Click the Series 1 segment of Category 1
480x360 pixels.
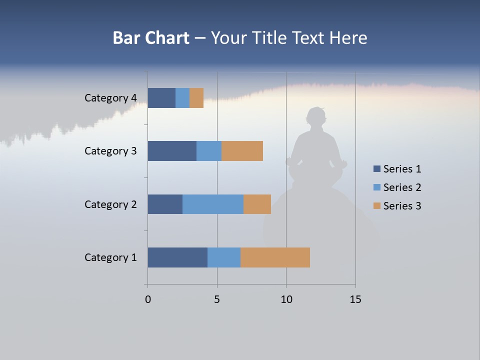click(x=177, y=257)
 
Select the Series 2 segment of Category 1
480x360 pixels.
click(x=224, y=257)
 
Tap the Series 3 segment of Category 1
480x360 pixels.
click(x=275, y=257)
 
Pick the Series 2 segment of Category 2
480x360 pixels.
click(x=213, y=204)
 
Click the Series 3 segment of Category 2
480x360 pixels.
click(x=257, y=204)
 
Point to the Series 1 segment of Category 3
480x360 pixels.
click(x=172, y=151)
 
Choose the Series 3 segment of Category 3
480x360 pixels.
click(x=242, y=151)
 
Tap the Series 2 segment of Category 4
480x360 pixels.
click(x=182, y=98)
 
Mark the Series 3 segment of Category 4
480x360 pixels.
click(x=196, y=98)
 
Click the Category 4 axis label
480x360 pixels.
click(x=110, y=98)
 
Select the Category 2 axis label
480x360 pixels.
click(x=110, y=204)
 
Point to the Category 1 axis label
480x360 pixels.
click(x=110, y=257)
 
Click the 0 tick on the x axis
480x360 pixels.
click(x=148, y=299)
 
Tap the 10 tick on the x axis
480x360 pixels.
click(x=286, y=299)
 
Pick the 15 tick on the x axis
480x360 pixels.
click(x=355, y=299)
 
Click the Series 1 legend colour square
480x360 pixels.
click(x=377, y=169)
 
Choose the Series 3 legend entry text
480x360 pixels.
click(x=402, y=205)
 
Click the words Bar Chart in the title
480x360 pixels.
click(x=151, y=38)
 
